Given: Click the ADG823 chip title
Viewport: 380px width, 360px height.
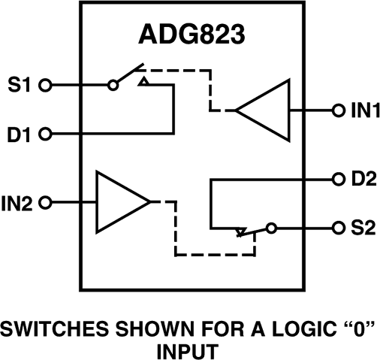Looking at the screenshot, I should (191, 36).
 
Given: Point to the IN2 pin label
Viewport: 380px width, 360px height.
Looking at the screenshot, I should (20, 202).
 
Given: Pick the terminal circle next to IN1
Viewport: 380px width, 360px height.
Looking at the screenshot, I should (339, 110).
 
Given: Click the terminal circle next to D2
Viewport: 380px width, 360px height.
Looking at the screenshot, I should (339, 180).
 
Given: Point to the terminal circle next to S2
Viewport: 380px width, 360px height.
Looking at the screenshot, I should (339, 228).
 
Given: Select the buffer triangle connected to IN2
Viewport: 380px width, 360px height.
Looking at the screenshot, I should (120, 201).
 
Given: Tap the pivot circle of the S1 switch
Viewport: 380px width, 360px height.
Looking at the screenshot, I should (113, 86).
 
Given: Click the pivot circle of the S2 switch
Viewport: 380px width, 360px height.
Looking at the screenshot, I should (270, 228).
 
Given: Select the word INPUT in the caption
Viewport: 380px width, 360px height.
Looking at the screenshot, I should (191, 350).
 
